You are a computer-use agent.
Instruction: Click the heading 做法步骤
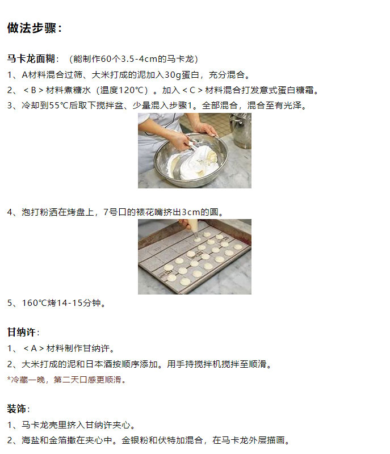tap(31, 28)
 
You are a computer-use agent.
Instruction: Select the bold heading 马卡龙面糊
tap(31, 59)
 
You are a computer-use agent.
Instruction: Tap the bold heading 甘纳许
tap(22, 332)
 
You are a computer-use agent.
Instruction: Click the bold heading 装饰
tap(16, 409)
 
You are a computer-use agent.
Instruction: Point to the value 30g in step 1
tap(173, 75)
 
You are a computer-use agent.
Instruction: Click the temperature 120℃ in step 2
tap(131, 90)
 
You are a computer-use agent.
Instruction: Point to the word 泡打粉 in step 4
tap(35, 212)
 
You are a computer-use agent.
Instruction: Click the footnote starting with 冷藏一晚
tap(67, 380)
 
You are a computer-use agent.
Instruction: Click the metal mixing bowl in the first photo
tap(191, 158)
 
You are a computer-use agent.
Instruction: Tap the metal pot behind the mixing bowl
tap(240, 131)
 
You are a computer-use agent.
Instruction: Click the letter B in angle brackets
tap(33, 90)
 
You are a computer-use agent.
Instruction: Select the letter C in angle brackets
tap(192, 90)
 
